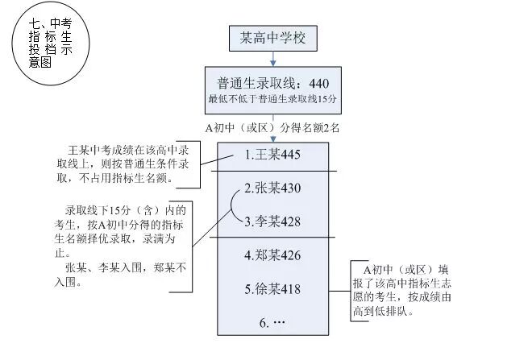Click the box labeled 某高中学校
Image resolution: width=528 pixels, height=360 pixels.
coord(274,37)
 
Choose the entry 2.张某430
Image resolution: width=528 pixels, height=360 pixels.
coord(272,189)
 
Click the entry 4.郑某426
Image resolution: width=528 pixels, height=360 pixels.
coord(273,255)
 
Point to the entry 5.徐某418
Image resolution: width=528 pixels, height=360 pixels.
coord(273,288)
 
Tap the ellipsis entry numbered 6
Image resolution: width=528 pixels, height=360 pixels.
coord(273,322)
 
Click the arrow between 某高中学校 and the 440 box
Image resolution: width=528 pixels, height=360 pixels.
coord(274,57)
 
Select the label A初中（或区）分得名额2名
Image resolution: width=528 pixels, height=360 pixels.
coord(274,127)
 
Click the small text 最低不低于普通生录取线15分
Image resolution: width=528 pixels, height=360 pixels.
coord(274,99)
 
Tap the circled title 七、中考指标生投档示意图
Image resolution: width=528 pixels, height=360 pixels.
coord(51,45)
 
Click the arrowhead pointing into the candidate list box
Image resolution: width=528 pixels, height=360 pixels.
coord(274,139)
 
